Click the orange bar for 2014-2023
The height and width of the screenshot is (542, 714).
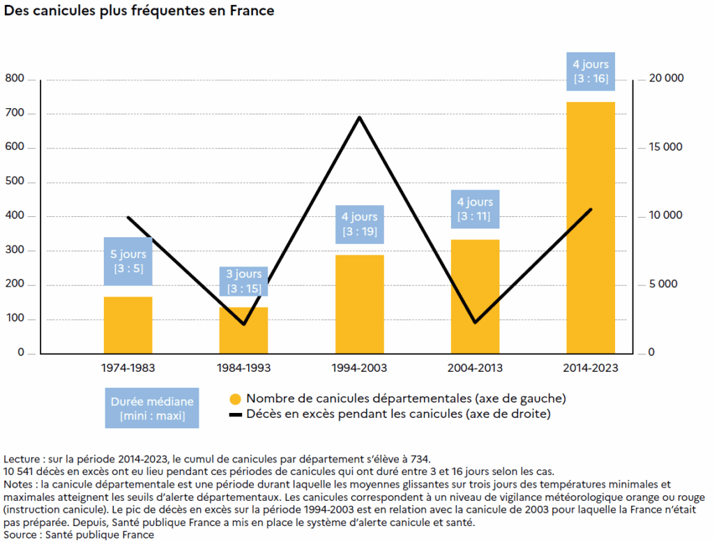(591, 227)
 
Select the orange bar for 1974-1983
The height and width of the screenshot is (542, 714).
(128, 325)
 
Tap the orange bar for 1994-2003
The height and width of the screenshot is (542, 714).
(360, 304)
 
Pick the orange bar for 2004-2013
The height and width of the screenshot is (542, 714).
(475, 296)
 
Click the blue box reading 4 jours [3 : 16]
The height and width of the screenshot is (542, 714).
(591, 72)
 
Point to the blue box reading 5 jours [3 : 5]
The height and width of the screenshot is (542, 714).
(128, 262)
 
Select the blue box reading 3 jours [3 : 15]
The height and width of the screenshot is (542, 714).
(243, 282)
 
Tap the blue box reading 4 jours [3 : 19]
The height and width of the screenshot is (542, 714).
(360, 225)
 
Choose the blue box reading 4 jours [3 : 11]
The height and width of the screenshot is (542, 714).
(475, 209)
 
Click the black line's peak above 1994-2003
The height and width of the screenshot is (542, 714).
(360, 117)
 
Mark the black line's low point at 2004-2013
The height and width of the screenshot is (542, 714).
(475, 322)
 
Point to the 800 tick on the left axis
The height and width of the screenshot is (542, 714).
(15, 78)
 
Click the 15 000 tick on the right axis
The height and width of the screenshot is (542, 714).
(666, 146)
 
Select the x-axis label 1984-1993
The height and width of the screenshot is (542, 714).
(243, 368)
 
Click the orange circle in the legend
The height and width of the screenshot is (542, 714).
(236, 400)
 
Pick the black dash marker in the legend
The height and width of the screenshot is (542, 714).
(236, 415)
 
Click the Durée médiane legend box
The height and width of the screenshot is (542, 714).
(152, 408)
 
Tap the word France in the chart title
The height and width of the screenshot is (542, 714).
(252, 10)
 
